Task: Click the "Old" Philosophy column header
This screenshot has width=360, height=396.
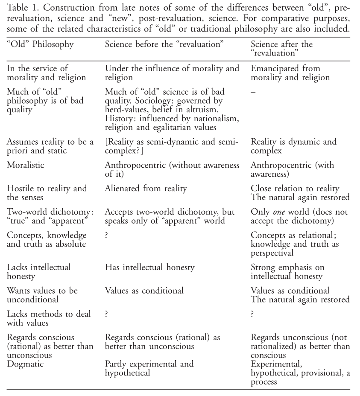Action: (x=40, y=44)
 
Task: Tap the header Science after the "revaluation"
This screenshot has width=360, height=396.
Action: (x=282, y=49)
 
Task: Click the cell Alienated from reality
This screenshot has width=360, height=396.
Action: (x=146, y=188)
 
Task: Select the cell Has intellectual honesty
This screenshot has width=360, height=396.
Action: (x=149, y=268)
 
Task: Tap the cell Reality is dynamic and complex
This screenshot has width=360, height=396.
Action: (x=293, y=146)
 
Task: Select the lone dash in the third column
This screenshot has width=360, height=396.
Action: (x=253, y=92)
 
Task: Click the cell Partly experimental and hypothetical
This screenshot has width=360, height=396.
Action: (x=149, y=368)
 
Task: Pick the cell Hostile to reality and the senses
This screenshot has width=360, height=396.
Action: (x=47, y=192)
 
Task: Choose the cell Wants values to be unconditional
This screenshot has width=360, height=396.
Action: (x=42, y=295)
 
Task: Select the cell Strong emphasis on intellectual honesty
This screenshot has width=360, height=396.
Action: (x=287, y=272)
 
